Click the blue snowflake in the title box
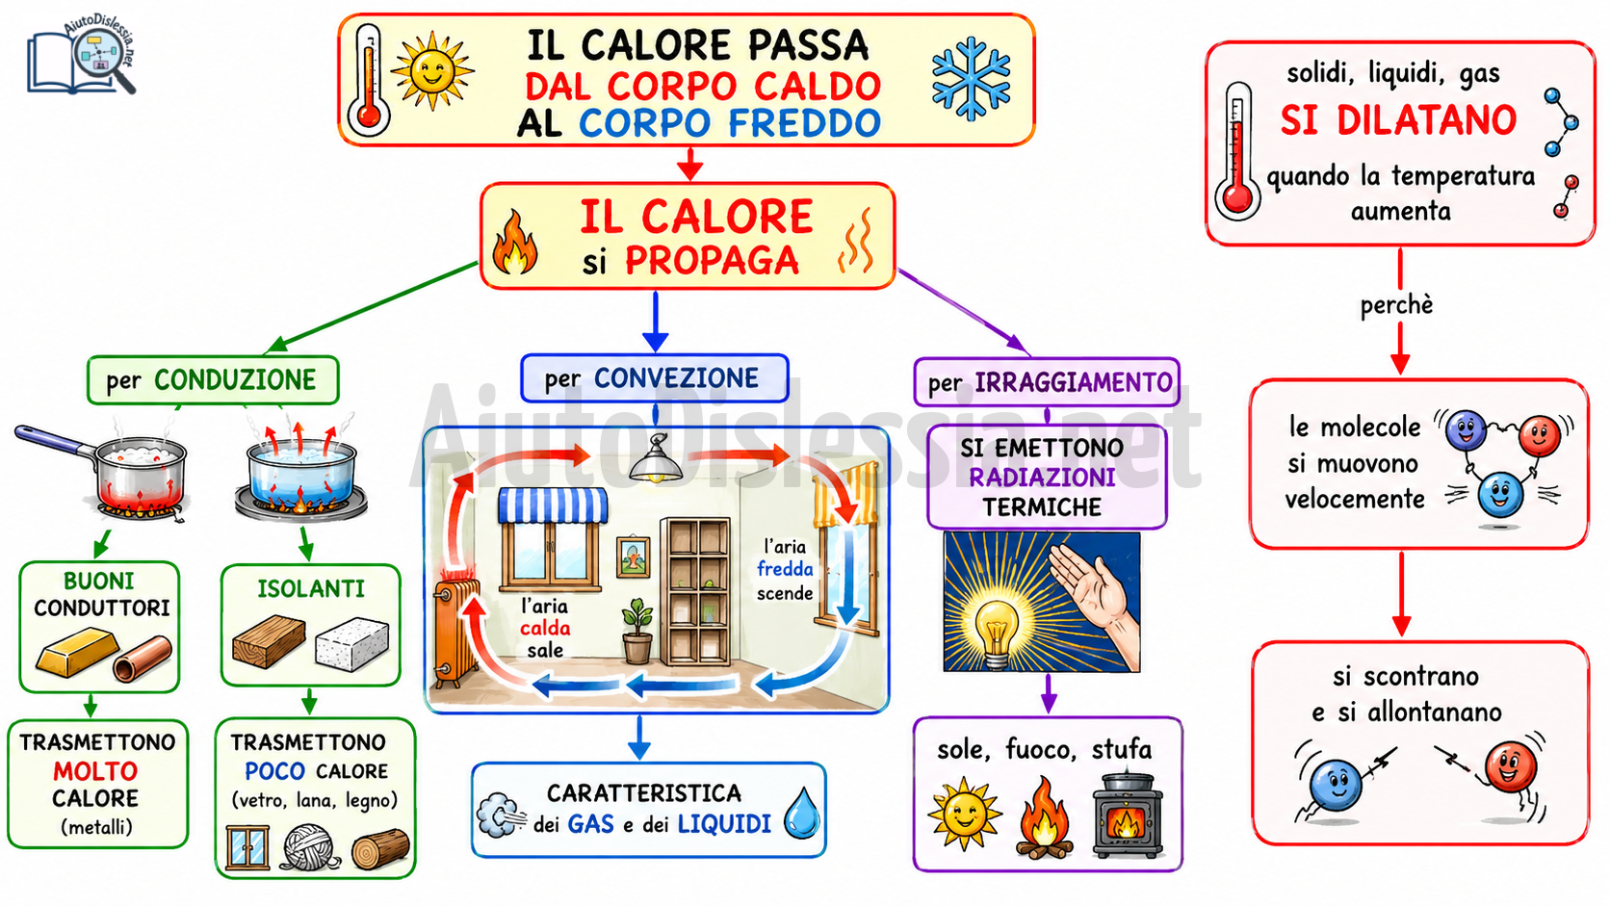971,78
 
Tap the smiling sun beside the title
432,70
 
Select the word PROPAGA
712,260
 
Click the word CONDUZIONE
235,380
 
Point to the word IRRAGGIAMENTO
1073,382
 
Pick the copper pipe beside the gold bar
143,659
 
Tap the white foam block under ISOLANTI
351,644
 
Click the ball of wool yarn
310,847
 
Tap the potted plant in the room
636,631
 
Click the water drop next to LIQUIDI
801,814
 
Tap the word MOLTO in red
95,771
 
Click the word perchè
1396,305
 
